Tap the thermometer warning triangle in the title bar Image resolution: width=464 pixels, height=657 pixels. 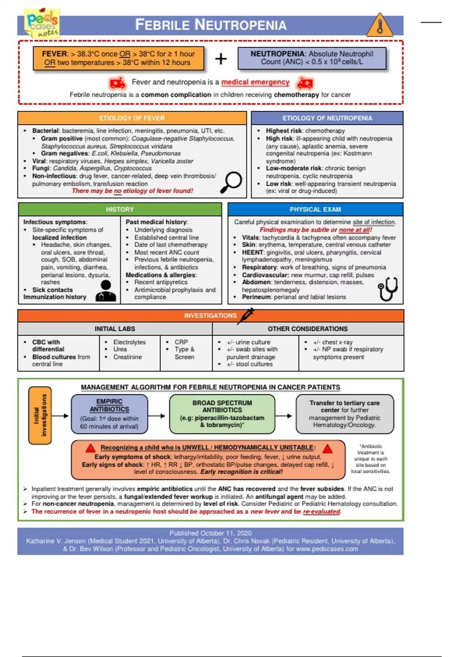tap(380, 26)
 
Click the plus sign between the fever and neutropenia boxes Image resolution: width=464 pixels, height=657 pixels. tap(221, 59)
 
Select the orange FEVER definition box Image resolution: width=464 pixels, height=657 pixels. tap(118, 58)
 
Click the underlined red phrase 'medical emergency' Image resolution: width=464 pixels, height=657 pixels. tap(255, 82)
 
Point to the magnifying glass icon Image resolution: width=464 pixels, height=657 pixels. tap(231, 182)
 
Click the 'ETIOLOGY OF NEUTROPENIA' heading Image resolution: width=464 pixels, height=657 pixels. tap(327, 118)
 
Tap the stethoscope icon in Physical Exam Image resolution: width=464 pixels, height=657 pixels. tap(388, 289)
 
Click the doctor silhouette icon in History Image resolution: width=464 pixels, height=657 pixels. tap(106, 291)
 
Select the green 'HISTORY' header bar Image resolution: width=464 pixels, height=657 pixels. tap(120, 209)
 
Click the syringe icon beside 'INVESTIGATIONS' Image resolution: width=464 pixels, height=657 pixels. tap(246, 315)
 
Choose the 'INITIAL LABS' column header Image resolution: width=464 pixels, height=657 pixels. tap(115, 329)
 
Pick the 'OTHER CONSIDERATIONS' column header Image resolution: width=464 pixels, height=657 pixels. tap(308, 329)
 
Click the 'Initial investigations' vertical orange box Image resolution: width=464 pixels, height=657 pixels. tap(40, 415)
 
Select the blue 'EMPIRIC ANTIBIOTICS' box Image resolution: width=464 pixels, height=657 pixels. tap(109, 414)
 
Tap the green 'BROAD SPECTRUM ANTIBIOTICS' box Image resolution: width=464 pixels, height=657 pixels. tap(222, 414)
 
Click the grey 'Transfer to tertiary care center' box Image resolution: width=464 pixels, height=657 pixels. tap(345, 414)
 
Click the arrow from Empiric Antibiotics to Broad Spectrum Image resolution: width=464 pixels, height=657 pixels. tap(157, 416)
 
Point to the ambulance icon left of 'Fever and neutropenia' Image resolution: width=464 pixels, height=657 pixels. tap(117, 83)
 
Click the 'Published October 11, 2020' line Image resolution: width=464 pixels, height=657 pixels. tap(210, 533)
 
